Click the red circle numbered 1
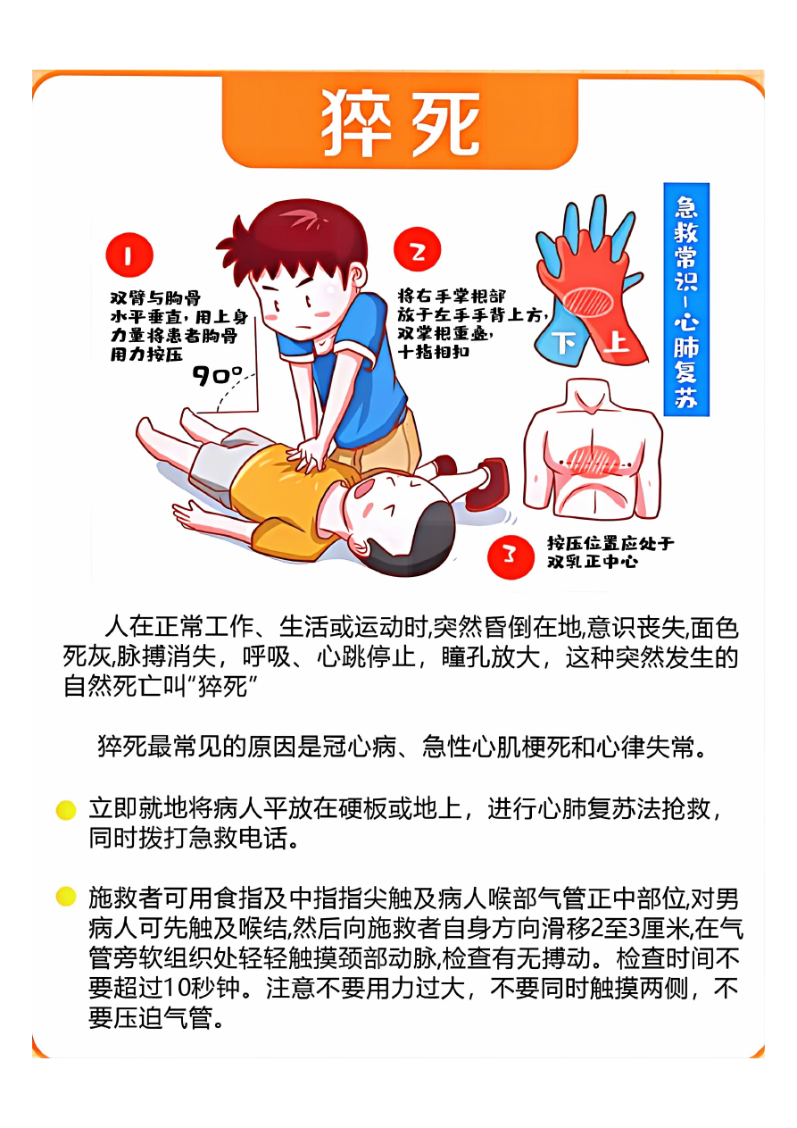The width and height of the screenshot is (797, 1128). [129, 255]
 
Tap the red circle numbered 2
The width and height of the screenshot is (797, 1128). [417, 250]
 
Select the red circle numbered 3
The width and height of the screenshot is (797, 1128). [511, 556]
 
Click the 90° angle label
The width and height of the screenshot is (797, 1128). [217, 376]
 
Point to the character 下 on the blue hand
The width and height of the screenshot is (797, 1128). [565, 343]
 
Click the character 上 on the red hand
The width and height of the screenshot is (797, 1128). [616, 342]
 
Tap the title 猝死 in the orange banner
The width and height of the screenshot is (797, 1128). [400, 123]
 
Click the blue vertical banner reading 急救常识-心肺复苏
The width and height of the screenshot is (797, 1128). [685, 299]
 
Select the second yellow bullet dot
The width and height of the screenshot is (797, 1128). [66, 897]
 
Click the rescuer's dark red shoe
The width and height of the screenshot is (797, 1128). [487, 484]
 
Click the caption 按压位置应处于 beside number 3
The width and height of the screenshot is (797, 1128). [610, 543]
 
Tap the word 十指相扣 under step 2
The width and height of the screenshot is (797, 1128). [433, 352]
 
